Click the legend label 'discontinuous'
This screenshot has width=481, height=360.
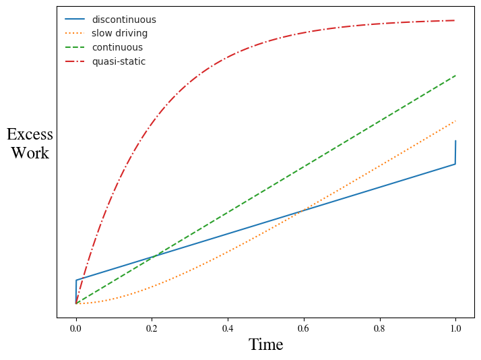tap(123, 20)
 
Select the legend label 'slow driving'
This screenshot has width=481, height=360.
tap(119, 33)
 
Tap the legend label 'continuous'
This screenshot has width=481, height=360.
tap(117, 47)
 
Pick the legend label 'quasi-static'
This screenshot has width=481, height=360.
tap(119, 61)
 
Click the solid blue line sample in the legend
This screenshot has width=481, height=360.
tap(75, 20)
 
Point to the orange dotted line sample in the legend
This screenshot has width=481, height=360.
tap(75, 33)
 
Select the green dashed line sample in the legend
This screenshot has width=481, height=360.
tap(75, 47)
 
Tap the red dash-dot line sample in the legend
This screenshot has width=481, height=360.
tap(75, 61)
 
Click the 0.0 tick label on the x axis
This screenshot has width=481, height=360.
tap(76, 328)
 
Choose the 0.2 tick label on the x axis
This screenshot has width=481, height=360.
tap(152, 328)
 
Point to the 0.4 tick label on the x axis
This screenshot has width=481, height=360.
tap(228, 328)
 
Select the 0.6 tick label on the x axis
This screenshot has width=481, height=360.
tap(304, 328)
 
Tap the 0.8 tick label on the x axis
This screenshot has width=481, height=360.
tap(380, 328)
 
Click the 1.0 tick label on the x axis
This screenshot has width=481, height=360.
tap(455, 328)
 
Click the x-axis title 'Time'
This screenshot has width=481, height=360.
tap(266, 344)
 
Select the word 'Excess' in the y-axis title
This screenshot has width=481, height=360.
tap(30, 134)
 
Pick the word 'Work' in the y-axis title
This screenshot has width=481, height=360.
tap(30, 153)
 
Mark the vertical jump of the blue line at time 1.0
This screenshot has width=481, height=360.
tap(455, 152)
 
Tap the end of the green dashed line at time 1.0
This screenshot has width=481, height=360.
tap(455, 76)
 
